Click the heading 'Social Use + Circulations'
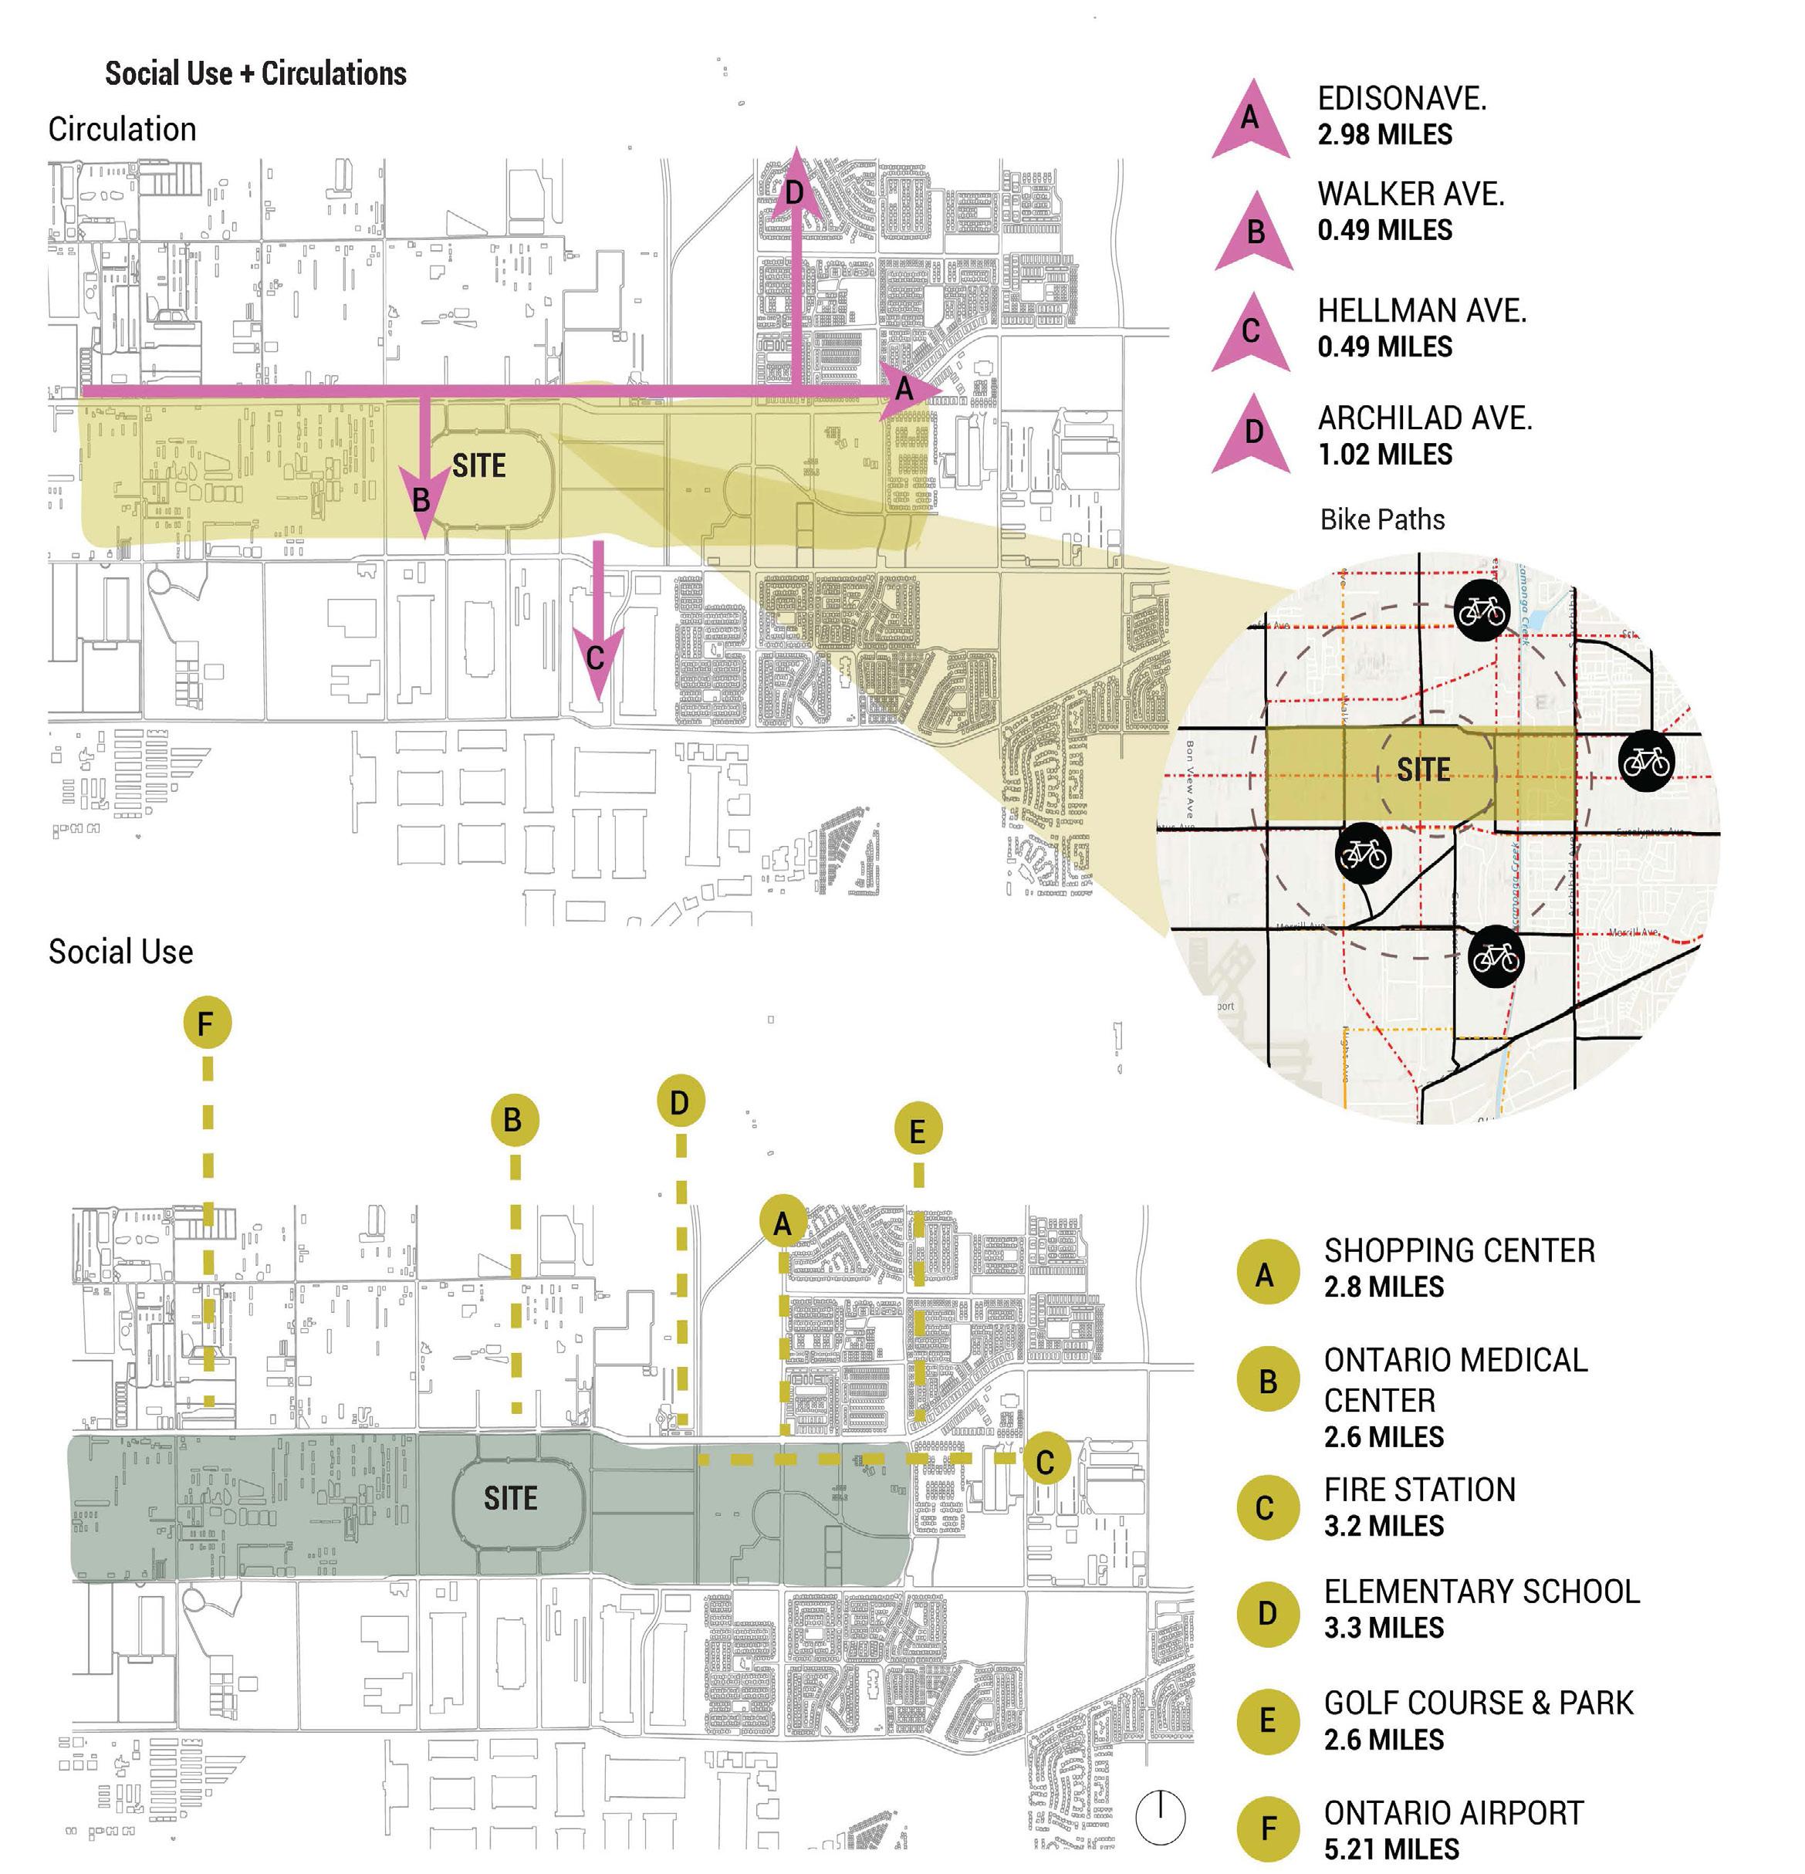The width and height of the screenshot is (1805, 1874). pos(255,73)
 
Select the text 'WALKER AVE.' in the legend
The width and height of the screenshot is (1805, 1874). pos(1410,194)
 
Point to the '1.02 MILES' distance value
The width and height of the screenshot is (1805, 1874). pos(1384,454)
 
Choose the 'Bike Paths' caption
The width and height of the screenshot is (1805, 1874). pos(1381,519)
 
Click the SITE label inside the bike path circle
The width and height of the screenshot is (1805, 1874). pos(1422,770)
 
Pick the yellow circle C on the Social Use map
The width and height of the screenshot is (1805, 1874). pos(1044,1461)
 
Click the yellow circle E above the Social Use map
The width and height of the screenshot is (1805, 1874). pos(918,1131)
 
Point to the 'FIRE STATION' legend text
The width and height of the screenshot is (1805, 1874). pos(1418,1489)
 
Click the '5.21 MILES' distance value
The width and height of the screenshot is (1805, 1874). pos(1391,1849)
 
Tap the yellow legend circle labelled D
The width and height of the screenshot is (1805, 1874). pos(1267,1613)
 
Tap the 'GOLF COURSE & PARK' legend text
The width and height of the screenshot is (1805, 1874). pos(1478,1702)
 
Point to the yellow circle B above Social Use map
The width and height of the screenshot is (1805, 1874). pos(513,1120)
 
